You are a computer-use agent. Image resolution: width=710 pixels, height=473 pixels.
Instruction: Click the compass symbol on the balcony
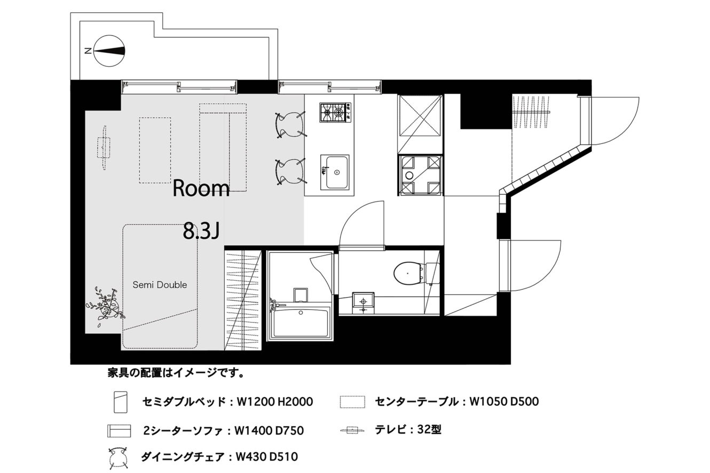[x=109, y=51]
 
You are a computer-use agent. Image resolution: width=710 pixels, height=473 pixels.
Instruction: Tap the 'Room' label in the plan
[x=201, y=189]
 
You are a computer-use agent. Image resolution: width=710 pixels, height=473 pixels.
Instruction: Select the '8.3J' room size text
[x=201, y=231]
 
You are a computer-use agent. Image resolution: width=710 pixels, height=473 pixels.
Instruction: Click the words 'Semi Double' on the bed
[x=160, y=285]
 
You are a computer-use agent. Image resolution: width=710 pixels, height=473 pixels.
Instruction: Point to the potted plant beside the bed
[x=106, y=306]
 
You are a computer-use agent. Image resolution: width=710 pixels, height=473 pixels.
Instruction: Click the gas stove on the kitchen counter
[x=335, y=112]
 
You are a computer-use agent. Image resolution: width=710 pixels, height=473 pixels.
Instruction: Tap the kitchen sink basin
[x=335, y=172]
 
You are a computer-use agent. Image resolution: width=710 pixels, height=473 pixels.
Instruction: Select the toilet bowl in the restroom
[x=408, y=272]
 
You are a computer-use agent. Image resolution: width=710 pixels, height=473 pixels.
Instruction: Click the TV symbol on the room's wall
[x=104, y=148]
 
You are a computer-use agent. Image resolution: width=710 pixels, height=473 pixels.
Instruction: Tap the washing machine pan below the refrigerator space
[x=420, y=174]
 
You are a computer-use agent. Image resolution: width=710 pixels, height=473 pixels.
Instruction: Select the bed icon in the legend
[x=121, y=402]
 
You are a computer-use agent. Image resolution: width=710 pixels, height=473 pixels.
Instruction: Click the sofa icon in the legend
[x=119, y=431]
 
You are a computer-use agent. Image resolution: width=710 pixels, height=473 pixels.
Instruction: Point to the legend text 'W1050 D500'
[x=504, y=402]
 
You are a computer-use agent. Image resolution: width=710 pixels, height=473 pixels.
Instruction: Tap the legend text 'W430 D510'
[x=267, y=457]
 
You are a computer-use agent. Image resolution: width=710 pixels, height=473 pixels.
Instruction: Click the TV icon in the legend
[x=352, y=430]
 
